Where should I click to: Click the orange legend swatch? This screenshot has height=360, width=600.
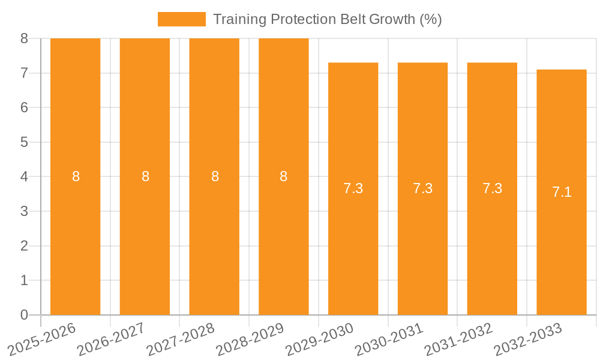(181, 19)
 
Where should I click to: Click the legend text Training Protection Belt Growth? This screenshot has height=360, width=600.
(327, 19)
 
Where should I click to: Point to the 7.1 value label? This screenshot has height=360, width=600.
(562, 192)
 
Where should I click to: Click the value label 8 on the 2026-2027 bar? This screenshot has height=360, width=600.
(145, 176)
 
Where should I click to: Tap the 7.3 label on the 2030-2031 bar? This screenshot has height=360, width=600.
(422, 188)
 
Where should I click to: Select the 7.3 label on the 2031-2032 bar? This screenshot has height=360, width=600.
(492, 188)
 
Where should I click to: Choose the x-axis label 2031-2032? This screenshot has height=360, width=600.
(460, 340)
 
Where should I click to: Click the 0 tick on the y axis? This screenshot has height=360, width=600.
(24, 315)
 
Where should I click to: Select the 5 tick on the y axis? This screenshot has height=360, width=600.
(24, 142)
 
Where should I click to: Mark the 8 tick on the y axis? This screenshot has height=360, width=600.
(24, 38)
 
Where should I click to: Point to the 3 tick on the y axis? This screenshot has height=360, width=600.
(24, 211)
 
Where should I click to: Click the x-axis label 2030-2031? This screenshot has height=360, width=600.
(390, 340)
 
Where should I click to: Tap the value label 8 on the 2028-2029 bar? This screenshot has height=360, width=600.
(284, 176)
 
